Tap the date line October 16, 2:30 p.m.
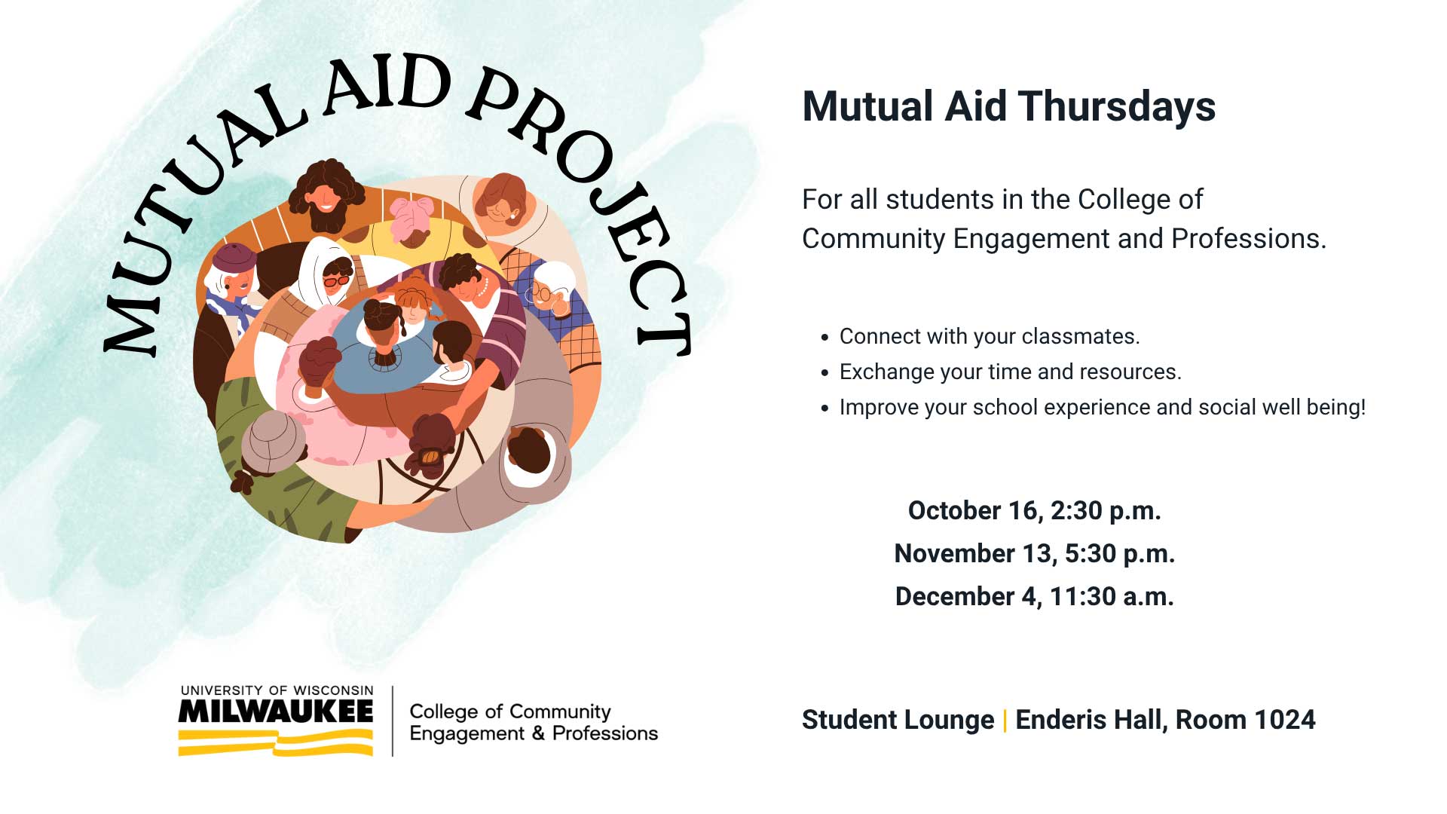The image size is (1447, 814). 1034,511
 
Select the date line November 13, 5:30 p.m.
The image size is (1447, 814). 1034,554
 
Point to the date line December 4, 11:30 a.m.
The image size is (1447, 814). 1034,597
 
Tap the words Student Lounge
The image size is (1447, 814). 898,721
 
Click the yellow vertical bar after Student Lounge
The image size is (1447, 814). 1005,721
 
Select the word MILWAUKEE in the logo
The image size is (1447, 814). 276,711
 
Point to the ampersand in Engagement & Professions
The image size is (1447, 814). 538,733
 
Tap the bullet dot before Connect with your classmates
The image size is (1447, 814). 824,338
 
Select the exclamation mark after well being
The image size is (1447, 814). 1362,407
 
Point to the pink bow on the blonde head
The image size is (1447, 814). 411,207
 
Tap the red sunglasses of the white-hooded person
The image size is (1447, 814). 337,281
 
